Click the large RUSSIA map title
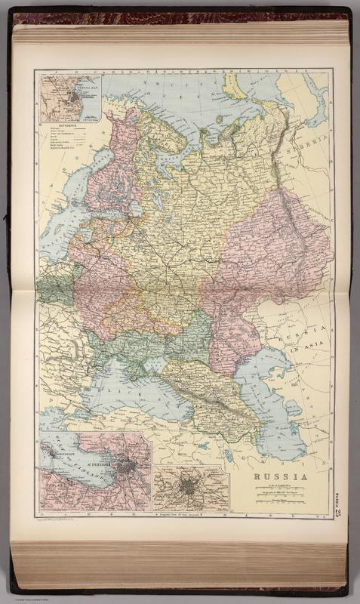coord(280,476)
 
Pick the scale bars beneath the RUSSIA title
coord(279,494)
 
